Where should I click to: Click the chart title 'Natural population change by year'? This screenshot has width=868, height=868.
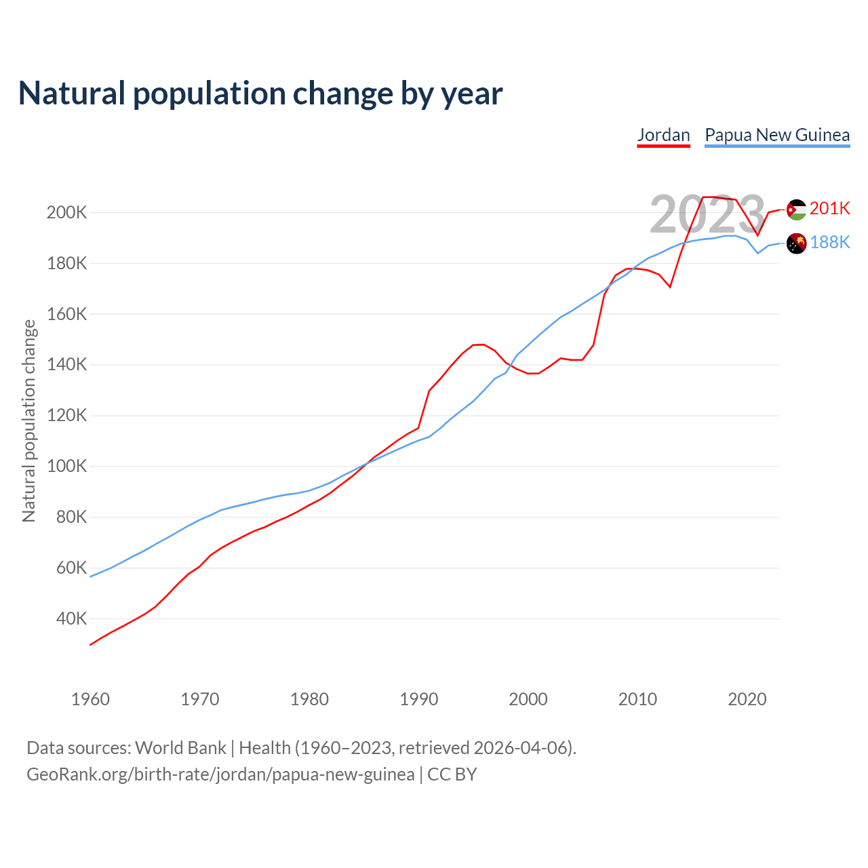click(260, 94)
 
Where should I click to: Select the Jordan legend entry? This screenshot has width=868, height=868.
click(663, 135)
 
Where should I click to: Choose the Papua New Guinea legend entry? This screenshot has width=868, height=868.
click(777, 135)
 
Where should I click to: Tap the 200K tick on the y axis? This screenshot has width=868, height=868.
click(66, 213)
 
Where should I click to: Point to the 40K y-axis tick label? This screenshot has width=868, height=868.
click(71, 619)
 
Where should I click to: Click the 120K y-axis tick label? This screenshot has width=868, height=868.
click(66, 416)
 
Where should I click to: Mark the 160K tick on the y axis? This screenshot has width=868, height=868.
click(66, 315)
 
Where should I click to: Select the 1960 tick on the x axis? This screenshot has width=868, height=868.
click(90, 699)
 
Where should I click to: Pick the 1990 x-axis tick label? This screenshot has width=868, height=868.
click(419, 699)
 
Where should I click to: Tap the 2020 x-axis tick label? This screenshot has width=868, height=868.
click(747, 699)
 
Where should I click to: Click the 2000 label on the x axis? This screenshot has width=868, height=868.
click(528, 699)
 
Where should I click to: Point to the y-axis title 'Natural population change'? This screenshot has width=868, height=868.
click(29, 421)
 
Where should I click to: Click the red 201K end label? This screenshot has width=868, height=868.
click(829, 208)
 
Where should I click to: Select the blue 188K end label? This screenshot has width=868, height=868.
click(829, 242)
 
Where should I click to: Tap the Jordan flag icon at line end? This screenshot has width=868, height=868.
click(796, 210)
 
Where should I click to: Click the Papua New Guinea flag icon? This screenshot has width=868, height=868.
click(796, 243)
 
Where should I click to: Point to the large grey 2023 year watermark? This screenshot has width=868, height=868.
click(707, 214)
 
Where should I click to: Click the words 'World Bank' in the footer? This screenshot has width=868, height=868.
click(180, 748)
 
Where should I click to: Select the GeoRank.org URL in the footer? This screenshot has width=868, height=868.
click(220, 774)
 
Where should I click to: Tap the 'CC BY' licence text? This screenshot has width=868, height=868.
click(452, 774)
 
